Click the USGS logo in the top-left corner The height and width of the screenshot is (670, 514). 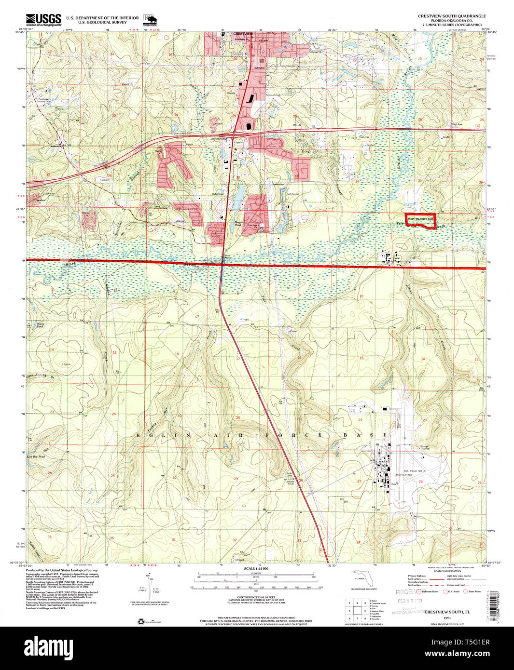click(44, 19)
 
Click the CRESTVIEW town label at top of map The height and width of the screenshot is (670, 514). click(242, 33)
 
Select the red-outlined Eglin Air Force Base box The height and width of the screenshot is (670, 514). click(420, 220)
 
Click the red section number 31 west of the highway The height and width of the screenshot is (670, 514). click(174, 176)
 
